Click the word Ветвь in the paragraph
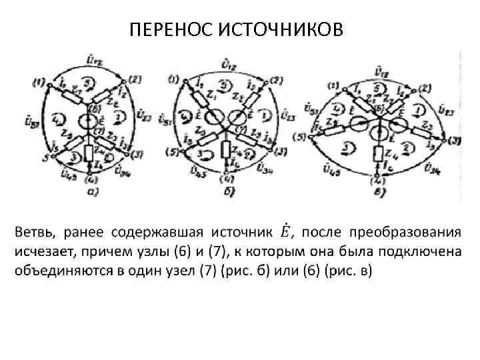[34, 233]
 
